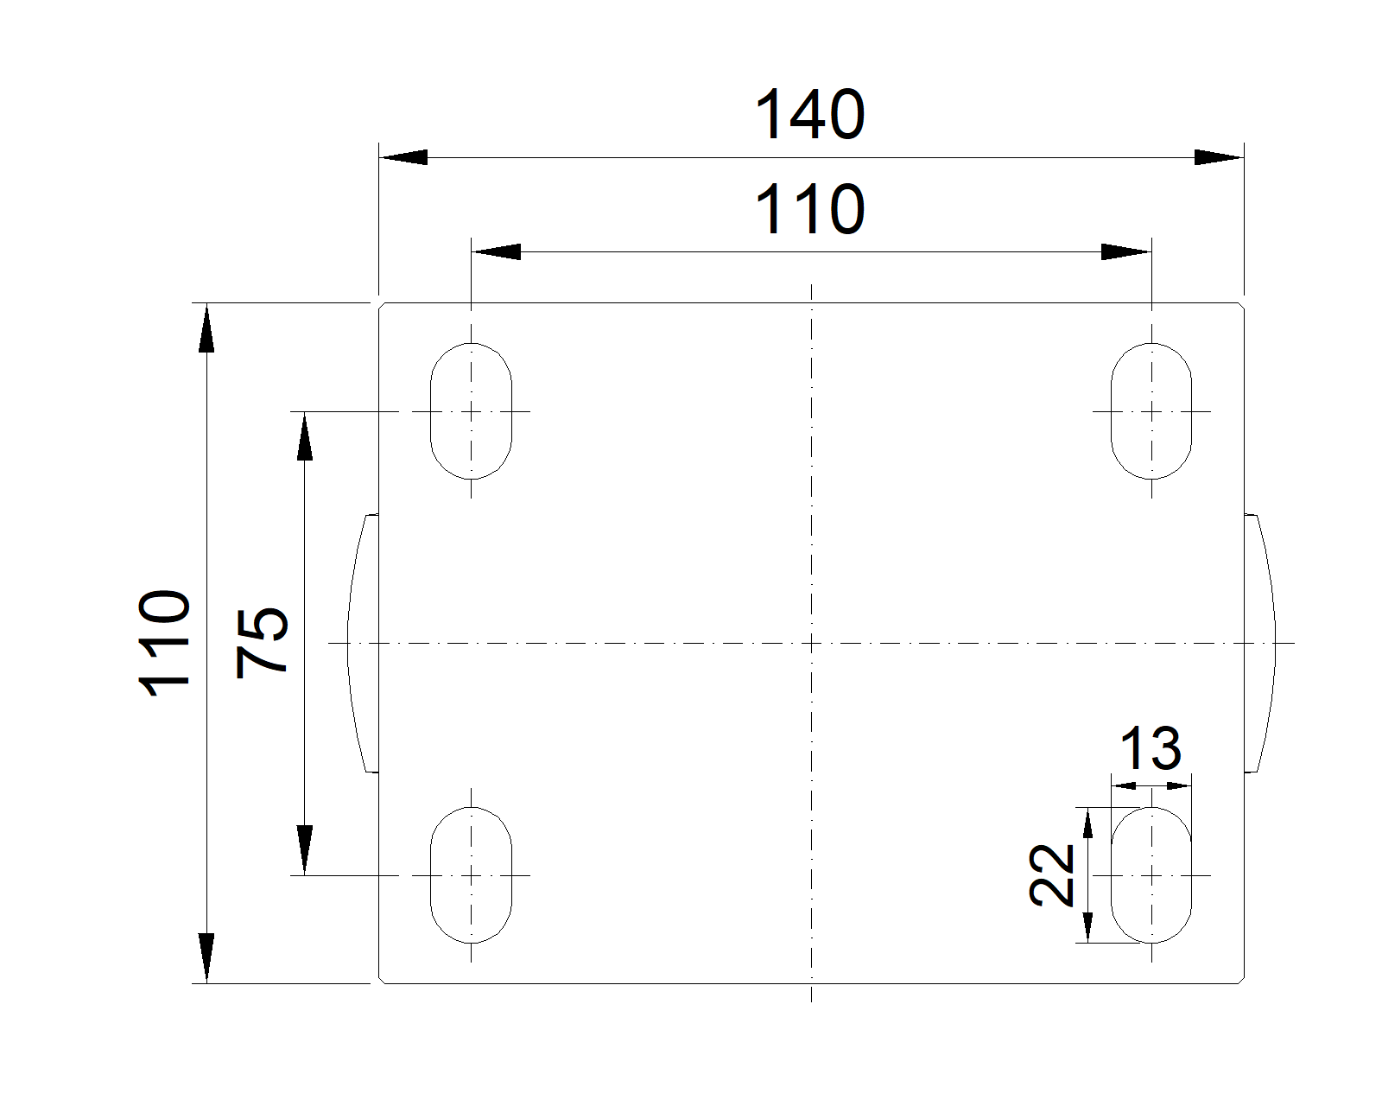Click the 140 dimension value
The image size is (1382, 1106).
click(x=810, y=114)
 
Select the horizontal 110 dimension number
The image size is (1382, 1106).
click(x=810, y=209)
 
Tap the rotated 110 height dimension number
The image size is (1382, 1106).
click(x=164, y=643)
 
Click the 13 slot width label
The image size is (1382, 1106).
click(x=1151, y=748)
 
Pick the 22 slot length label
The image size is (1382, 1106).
click(x=1051, y=875)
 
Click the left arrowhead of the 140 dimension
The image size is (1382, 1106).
click(x=403, y=157)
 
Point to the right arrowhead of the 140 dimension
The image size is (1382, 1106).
click(x=1219, y=157)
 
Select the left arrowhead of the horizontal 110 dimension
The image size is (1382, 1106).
click(x=496, y=252)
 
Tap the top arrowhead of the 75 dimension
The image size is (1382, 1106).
click(x=304, y=436)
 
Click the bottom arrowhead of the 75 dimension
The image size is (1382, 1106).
click(x=304, y=850)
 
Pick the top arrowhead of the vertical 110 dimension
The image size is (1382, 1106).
click(x=206, y=327)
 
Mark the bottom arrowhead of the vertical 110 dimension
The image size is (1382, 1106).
click(x=206, y=958)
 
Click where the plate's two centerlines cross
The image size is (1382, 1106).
click(x=811, y=643)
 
